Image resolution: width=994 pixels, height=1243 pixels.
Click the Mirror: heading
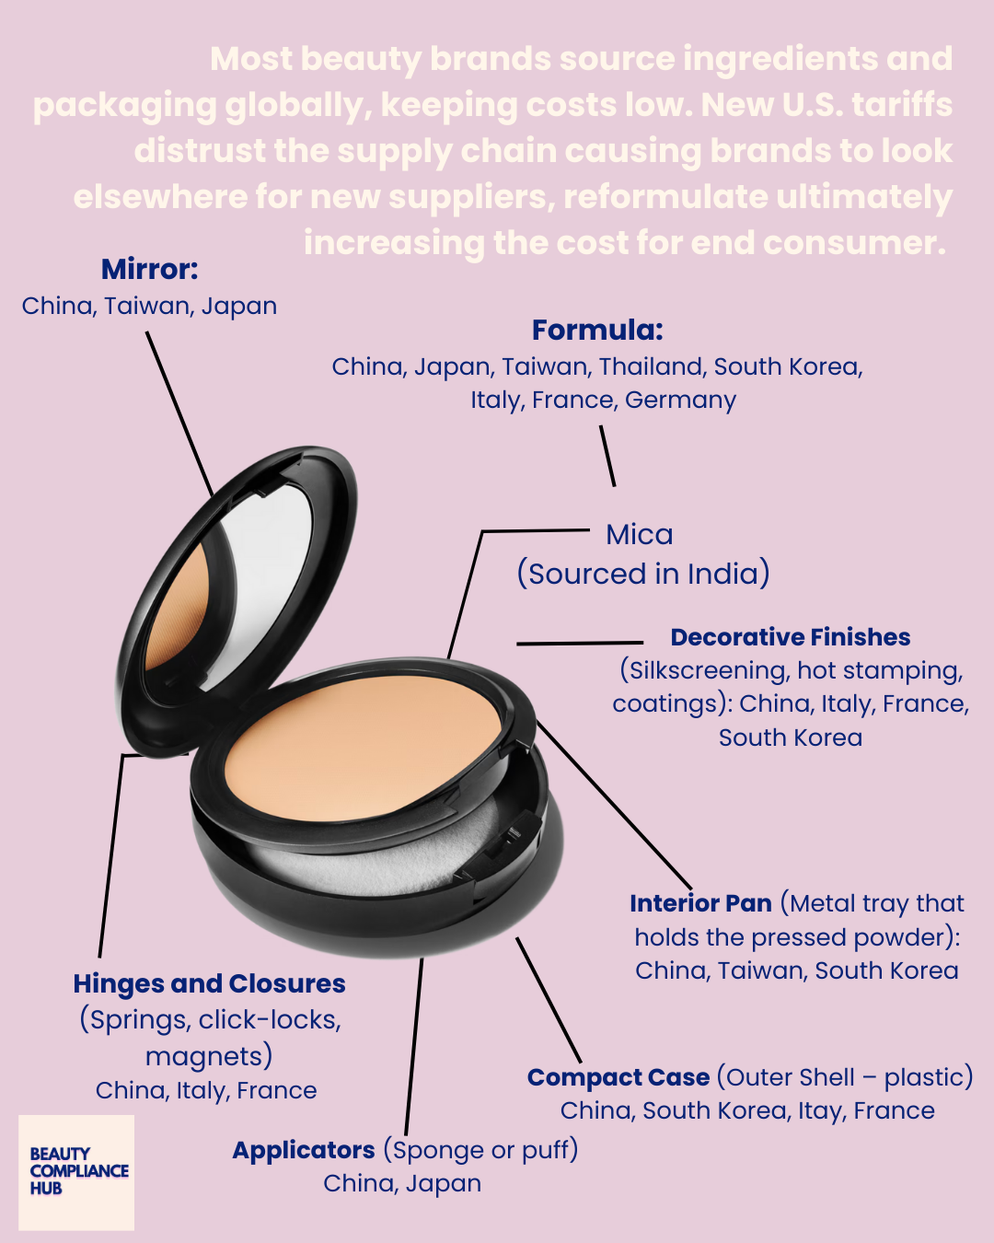click(x=149, y=270)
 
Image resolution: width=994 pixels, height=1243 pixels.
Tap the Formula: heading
click(x=597, y=331)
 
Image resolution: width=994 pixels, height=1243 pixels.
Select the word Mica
click(x=640, y=535)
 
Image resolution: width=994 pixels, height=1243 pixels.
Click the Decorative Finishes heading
click(x=790, y=637)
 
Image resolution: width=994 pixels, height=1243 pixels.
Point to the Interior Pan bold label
click(x=700, y=903)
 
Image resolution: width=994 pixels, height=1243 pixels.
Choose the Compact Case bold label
click(x=618, y=1077)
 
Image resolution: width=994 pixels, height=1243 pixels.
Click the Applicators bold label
click(x=304, y=1150)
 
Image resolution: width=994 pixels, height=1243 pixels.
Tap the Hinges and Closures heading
click(x=209, y=983)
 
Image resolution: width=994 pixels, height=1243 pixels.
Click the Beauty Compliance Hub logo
click(x=77, y=1171)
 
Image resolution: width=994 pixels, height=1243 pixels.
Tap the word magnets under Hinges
click(x=209, y=1056)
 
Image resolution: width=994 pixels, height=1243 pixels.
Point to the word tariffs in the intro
click(x=902, y=105)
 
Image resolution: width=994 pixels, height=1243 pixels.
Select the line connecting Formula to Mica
click(x=607, y=455)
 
